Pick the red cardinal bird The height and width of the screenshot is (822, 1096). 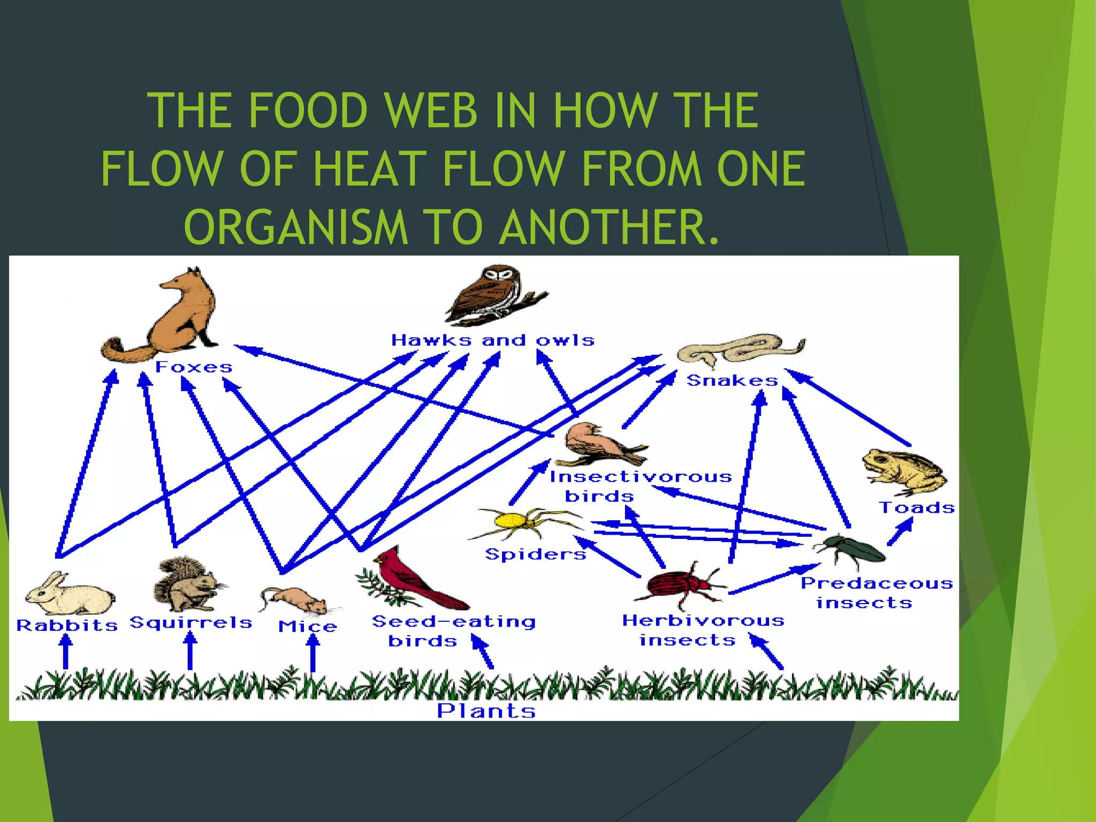pyautogui.click(x=412, y=581)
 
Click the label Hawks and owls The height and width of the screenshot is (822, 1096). pyautogui.click(x=492, y=340)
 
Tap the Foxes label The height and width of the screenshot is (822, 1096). pyautogui.click(x=194, y=367)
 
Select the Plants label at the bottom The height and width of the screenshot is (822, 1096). pyautogui.click(x=486, y=711)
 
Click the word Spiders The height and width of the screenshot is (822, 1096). pyautogui.click(x=535, y=554)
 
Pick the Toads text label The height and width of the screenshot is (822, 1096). pyautogui.click(x=916, y=507)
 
